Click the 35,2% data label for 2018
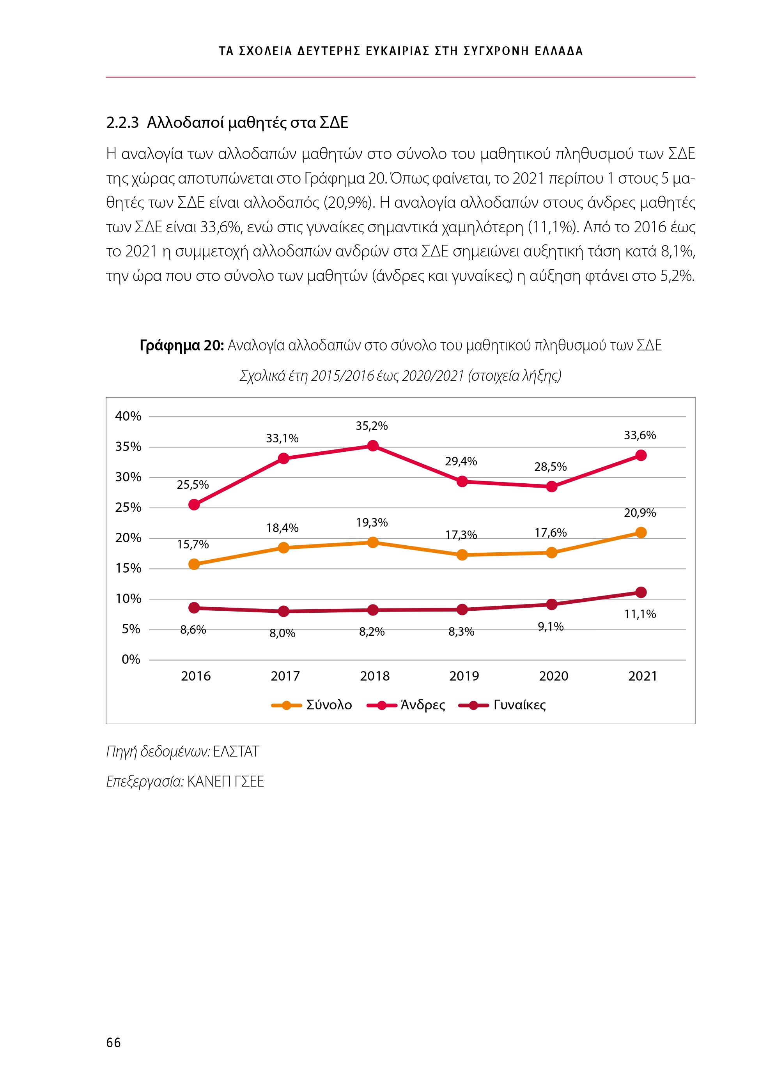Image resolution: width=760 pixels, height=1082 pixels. (x=372, y=426)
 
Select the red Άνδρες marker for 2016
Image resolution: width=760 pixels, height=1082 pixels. (x=194, y=505)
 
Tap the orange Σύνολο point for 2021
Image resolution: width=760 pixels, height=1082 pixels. (x=641, y=532)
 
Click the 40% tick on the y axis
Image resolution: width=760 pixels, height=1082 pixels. (x=128, y=416)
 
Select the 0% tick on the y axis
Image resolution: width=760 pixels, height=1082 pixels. (x=131, y=659)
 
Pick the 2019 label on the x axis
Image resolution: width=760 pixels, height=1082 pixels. (x=464, y=676)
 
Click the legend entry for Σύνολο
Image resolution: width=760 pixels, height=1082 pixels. (x=312, y=705)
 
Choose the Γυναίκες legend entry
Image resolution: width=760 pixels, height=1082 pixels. (x=503, y=705)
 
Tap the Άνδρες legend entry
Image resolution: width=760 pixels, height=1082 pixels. (x=406, y=705)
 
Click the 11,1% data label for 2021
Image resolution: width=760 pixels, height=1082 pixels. (x=640, y=614)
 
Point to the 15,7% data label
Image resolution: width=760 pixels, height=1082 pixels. (x=193, y=545)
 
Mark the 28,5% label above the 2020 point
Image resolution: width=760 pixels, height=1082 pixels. (x=550, y=467)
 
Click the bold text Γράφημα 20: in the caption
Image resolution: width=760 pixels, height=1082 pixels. (x=181, y=345)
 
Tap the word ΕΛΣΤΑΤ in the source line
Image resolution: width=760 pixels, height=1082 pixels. (x=236, y=751)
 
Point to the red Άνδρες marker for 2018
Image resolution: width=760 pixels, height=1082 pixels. (x=372, y=446)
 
